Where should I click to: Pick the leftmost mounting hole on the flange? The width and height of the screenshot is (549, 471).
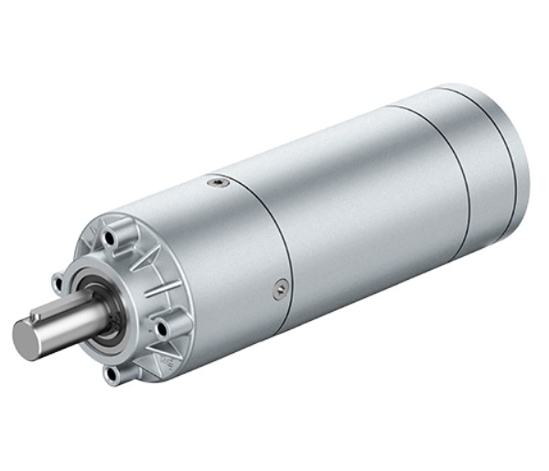click(58, 278)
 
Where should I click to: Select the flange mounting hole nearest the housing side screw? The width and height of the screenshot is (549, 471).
click(163, 326)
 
